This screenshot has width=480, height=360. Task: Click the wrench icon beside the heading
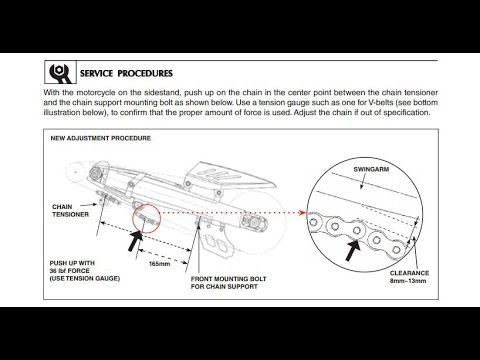pos(61,72)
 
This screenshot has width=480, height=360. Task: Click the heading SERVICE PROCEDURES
pos(126,73)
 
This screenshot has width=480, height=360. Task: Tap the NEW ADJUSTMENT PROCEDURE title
pos(101,138)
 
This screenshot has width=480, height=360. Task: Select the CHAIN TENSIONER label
pos(71,210)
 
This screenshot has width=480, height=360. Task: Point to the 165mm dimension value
pos(160,264)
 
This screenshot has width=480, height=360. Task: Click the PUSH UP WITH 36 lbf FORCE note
pos(85,271)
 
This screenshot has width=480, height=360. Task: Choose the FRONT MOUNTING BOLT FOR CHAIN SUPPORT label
pos(229,283)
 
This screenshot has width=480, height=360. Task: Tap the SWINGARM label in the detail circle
pos(371,169)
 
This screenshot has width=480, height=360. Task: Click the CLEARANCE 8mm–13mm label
pos(409,277)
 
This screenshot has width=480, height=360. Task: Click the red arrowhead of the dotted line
pos(303,212)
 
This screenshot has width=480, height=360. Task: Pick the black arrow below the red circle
pos(136,241)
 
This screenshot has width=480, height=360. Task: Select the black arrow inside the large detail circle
pos(353,250)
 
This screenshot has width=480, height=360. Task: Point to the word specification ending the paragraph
pos(409,113)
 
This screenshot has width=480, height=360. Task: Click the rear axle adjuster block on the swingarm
pos(254,223)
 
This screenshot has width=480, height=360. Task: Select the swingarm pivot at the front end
pos(95,174)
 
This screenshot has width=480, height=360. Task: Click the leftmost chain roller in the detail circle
pos(313,222)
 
